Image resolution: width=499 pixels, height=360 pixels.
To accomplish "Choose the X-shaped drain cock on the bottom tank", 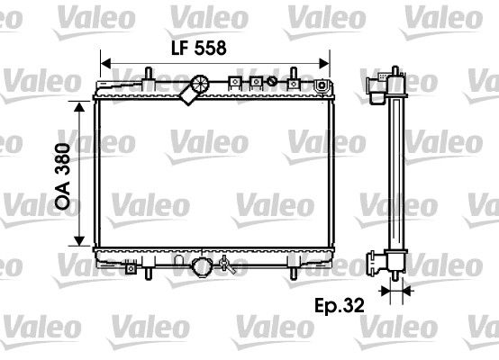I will pos(227,267).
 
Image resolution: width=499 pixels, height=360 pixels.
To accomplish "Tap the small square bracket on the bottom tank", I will pos(132,267).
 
